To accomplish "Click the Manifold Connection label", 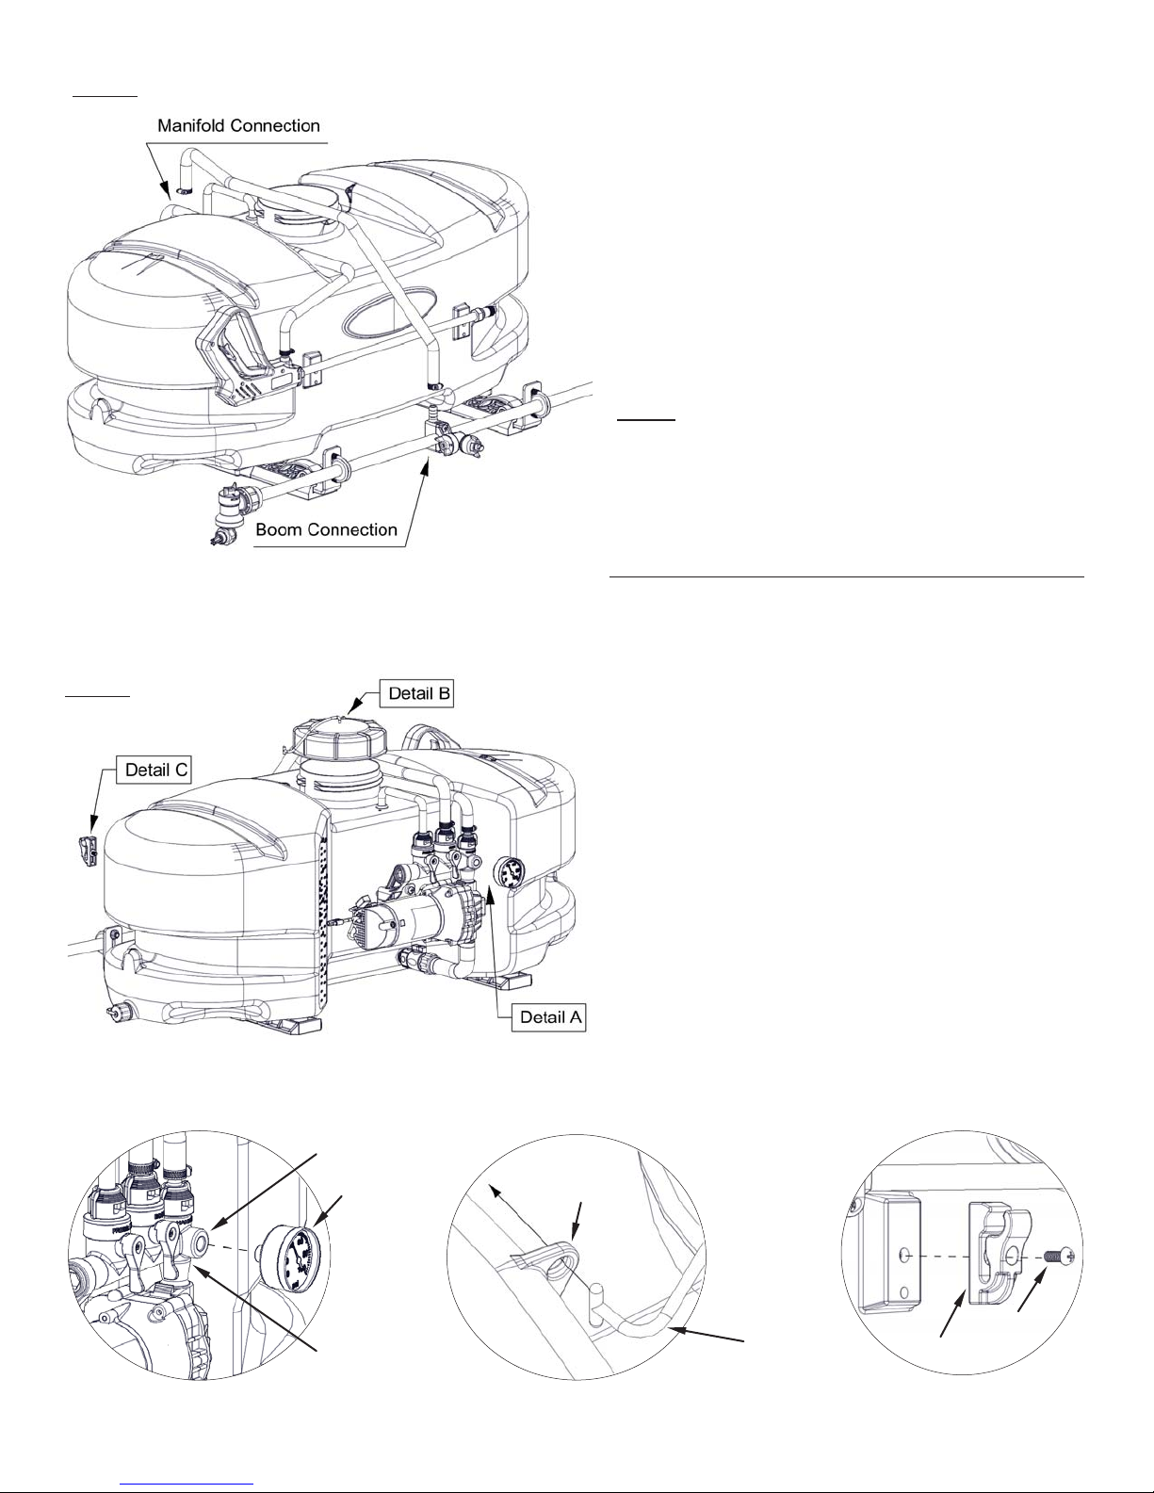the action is pyautogui.click(x=238, y=125).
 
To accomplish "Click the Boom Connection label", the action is pyautogui.click(x=326, y=529).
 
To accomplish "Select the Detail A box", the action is pyautogui.click(x=549, y=1017).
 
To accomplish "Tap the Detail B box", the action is pyautogui.click(x=417, y=693).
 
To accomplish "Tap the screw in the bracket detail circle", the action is pyautogui.click(x=1059, y=1257).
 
